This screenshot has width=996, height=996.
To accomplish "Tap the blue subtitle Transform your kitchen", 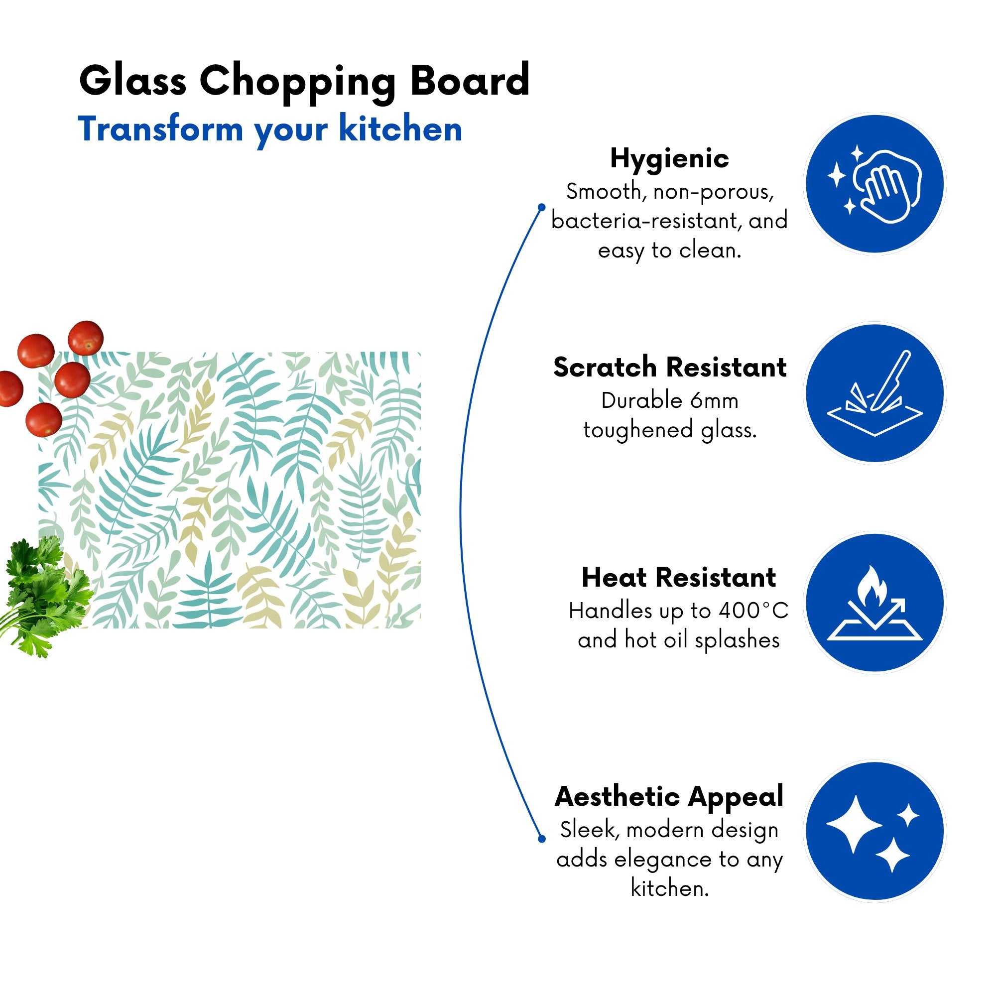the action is point(270,130).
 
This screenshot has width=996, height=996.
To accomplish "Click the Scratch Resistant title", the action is point(670,368).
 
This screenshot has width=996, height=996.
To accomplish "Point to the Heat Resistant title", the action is point(678,577).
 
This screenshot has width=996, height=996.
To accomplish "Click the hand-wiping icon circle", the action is point(875,184).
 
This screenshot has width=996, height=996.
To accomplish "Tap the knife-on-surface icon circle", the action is point(875,394).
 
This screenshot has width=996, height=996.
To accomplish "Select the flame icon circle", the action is point(875,603).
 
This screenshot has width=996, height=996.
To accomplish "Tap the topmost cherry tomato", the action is point(86,338).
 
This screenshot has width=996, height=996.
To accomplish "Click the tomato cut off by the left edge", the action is point(10,388).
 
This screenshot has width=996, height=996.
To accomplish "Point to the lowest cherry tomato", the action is point(44,420).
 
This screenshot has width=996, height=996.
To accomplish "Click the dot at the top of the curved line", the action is point(541,207).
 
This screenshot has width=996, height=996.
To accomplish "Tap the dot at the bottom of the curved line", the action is point(541,839).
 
